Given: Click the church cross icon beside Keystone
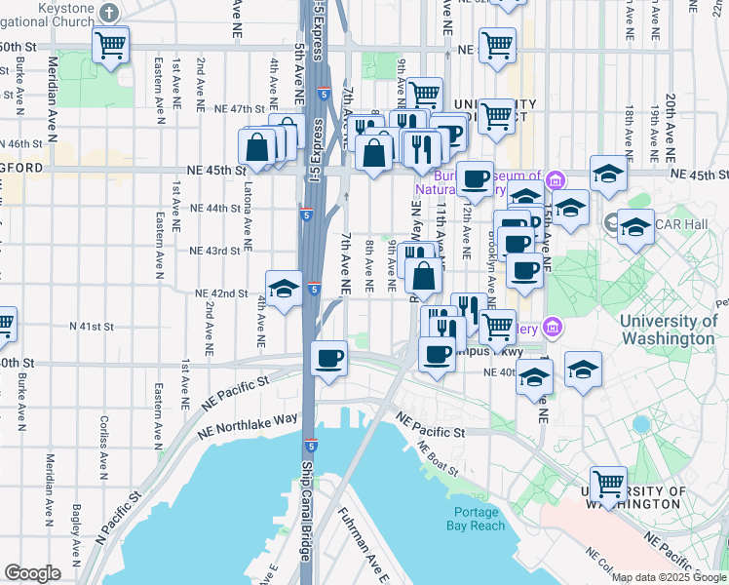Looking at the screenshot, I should coord(109,13).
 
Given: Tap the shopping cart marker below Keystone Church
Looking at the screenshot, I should coord(111,44).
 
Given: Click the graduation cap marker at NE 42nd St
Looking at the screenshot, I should coord(284,290).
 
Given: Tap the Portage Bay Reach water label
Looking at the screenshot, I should coord(480,519).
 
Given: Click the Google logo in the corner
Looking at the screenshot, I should coord(32,573).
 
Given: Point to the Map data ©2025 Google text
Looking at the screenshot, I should coord(669,577).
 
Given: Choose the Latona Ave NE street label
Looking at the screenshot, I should coord(249,214).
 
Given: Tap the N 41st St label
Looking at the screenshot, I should coord(92,327).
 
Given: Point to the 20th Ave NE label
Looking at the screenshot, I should coord(671,128).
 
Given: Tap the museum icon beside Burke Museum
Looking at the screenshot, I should coord(556,179).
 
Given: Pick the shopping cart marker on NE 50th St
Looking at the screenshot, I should coord(497,44).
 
